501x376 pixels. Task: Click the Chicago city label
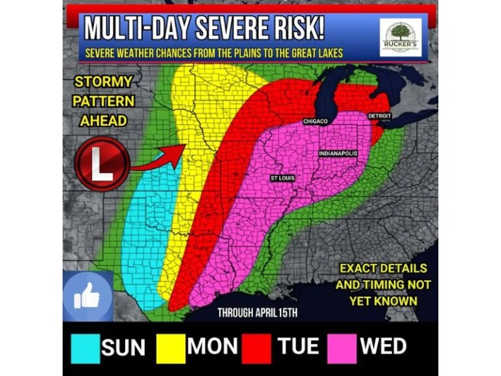315,121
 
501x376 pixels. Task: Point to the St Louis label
282,178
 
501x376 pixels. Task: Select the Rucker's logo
401,37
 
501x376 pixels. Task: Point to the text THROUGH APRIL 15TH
257,312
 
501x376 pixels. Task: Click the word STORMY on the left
103,83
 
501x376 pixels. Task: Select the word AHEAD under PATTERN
103,121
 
